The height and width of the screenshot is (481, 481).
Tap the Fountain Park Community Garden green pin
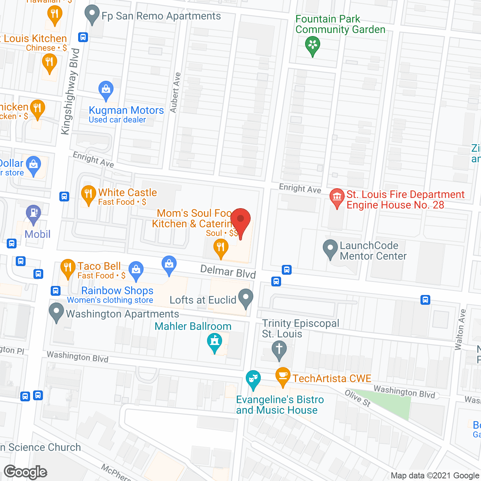pos(312,46)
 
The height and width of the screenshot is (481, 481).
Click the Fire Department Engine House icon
pos(337,197)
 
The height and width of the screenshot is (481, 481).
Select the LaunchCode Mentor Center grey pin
pos(330,249)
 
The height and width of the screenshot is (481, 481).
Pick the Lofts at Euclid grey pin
pos(246,298)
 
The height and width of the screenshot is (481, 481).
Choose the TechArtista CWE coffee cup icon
pos(283,376)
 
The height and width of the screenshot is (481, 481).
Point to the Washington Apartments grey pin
pos(56,312)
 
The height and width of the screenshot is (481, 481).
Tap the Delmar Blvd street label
pos(228,271)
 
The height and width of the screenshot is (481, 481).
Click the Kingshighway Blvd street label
pos(70,91)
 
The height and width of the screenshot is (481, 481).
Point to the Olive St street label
pos(358,398)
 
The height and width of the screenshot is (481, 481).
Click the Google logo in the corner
pos(25,472)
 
